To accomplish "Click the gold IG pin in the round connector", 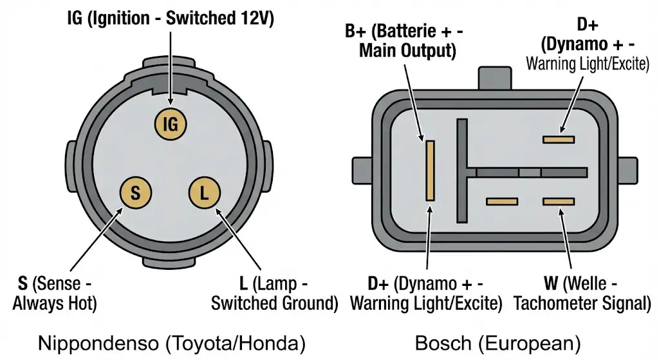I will coord(170,124).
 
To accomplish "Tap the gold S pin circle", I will coord(136,192).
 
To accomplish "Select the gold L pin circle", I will coord(205,192).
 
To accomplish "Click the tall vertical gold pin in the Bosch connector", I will coord(430,170).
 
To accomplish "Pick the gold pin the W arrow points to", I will coord(558,202).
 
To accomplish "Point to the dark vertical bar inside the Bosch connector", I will coord(461,171).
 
